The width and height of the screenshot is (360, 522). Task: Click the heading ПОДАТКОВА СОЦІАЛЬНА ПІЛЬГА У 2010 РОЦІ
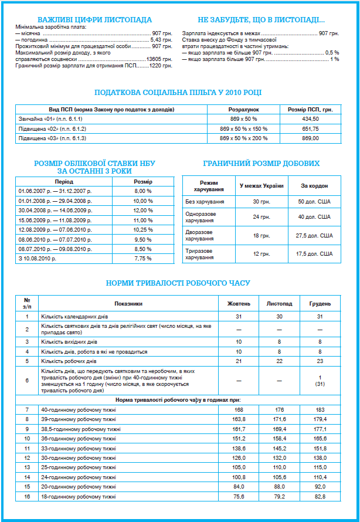178,92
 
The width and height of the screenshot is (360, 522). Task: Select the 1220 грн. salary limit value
161,66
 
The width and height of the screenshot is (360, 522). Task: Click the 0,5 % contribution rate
332,53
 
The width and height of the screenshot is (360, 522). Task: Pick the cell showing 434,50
310,119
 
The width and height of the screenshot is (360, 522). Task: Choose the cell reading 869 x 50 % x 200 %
243,138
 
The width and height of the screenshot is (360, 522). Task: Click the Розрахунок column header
243,110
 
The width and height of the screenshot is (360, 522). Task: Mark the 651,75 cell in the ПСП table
310,128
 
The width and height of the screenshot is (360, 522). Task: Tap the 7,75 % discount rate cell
143,258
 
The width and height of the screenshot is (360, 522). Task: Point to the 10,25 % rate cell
143,229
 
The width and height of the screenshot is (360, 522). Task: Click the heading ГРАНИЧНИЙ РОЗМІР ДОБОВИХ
261,163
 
